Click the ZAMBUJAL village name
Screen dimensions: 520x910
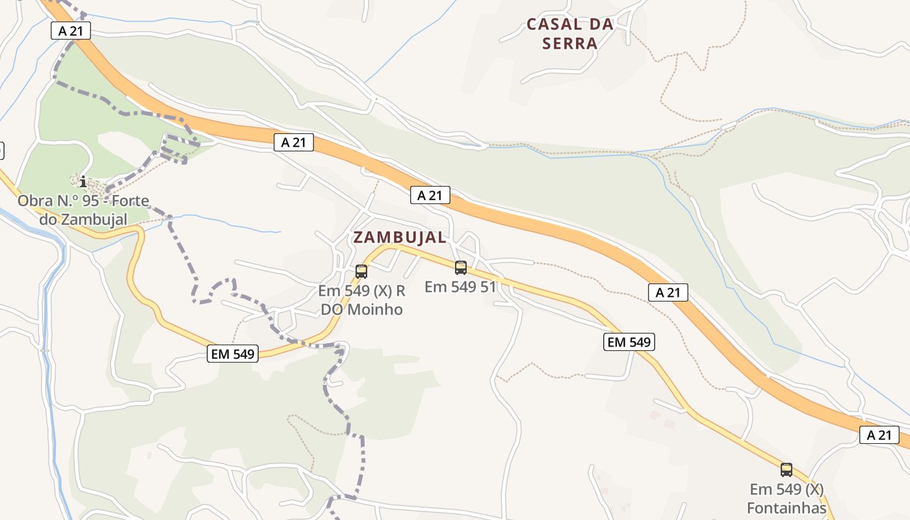point(400,237)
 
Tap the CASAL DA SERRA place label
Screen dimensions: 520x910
point(570,34)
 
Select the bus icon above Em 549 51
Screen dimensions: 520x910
point(461,267)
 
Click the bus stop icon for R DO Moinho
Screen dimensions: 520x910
point(361,272)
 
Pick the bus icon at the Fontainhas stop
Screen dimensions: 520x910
point(786,469)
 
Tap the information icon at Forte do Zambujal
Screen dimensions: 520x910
point(83,181)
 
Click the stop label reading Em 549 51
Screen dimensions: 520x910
point(460,287)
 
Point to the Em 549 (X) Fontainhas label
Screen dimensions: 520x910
point(786,499)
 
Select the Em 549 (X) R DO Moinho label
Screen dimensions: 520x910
point(362,300)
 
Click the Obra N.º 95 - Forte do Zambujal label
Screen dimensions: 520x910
point(83,210)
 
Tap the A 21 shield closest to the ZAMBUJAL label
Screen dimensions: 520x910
point(430,195)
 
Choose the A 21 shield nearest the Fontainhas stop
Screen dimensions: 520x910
point(879,435)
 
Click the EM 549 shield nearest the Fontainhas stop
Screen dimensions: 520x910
point(629,342)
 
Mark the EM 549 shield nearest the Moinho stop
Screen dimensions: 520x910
point(233,354)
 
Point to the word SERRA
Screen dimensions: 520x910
point(570,44)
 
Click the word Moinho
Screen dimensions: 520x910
point(375,309)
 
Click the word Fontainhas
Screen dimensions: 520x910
point(786,508)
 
